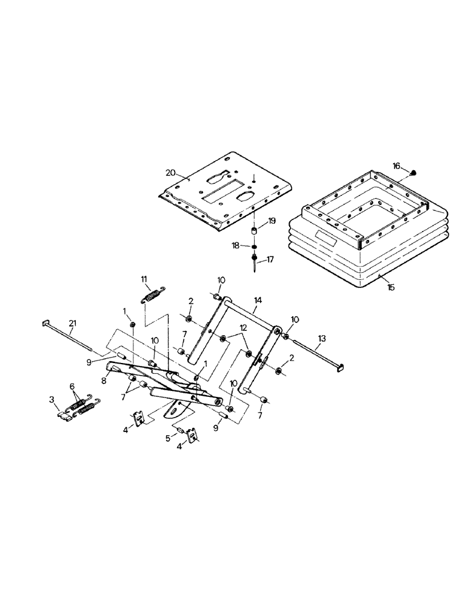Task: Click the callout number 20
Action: click(171, 173)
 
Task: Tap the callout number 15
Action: click(390, 287)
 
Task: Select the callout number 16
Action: click(396, 165)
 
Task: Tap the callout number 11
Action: click(144, 279)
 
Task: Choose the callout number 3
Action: click(53, 400)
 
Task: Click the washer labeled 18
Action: click(255, 247)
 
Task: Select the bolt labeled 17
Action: click(255, 262)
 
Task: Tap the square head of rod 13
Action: click(341, 366)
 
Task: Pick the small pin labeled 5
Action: click(180, 430)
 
